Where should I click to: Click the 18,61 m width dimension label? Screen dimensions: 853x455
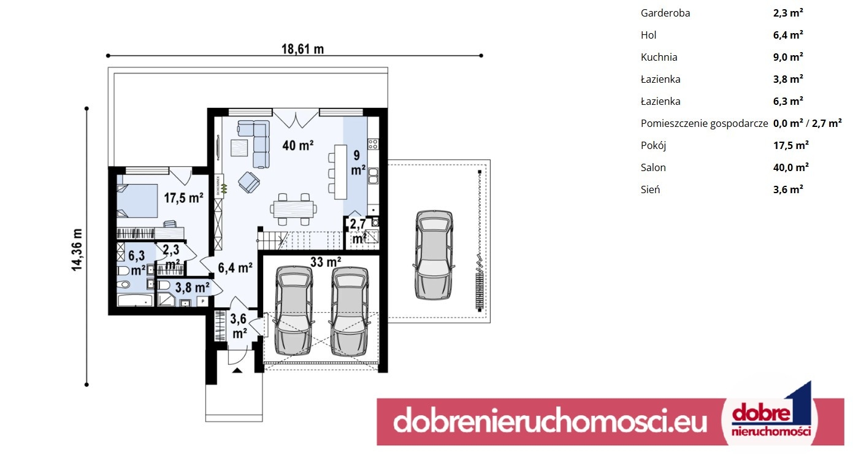point(303,49)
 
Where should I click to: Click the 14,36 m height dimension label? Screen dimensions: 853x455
point(77,250)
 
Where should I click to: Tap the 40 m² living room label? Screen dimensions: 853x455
point(298,145)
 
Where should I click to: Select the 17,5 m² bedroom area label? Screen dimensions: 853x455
point(183,197)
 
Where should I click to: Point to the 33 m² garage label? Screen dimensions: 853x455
point(326,262)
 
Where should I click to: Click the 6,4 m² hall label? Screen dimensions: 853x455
point(235,268)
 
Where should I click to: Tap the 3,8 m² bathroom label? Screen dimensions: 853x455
point(193,287)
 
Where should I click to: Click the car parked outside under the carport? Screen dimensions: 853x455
point(434,254)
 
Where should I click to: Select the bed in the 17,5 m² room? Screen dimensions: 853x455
point(137,201)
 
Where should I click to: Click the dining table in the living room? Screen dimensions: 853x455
point(293,209)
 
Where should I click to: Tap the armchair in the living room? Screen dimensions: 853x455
point(249,182)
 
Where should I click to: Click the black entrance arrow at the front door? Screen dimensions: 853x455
point(237,370)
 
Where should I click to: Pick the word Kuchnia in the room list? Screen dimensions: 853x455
point(659,57)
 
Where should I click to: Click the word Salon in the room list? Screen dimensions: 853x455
point(653,167)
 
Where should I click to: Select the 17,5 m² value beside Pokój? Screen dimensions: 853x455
point(790,145)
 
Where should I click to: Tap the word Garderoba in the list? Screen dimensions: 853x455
point(665,13)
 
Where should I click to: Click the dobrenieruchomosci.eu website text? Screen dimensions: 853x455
point(550,421)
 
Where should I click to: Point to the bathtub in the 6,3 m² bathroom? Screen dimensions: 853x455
point(135,301)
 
